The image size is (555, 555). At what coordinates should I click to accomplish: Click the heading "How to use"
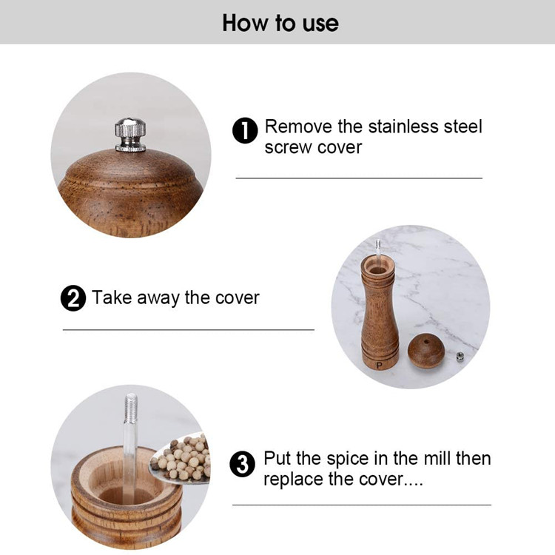coord(280,22)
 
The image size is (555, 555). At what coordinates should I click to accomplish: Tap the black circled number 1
coord(245,131)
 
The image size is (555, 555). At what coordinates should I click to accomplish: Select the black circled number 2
coord(73,299)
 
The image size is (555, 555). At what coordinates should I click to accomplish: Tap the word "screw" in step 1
coord(285,147)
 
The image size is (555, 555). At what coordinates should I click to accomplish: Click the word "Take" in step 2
coord(111,298)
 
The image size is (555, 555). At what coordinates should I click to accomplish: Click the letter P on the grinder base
coord(380,364)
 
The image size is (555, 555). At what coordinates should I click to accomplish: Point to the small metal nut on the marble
coord(460,357)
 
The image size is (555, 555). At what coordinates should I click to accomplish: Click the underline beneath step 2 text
coord(188,329)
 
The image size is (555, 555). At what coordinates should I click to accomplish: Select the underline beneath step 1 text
coord(359,178)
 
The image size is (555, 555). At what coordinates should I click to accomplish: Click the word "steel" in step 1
coord(462,127)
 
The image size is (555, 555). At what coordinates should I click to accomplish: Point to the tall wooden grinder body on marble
coord(380,311)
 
